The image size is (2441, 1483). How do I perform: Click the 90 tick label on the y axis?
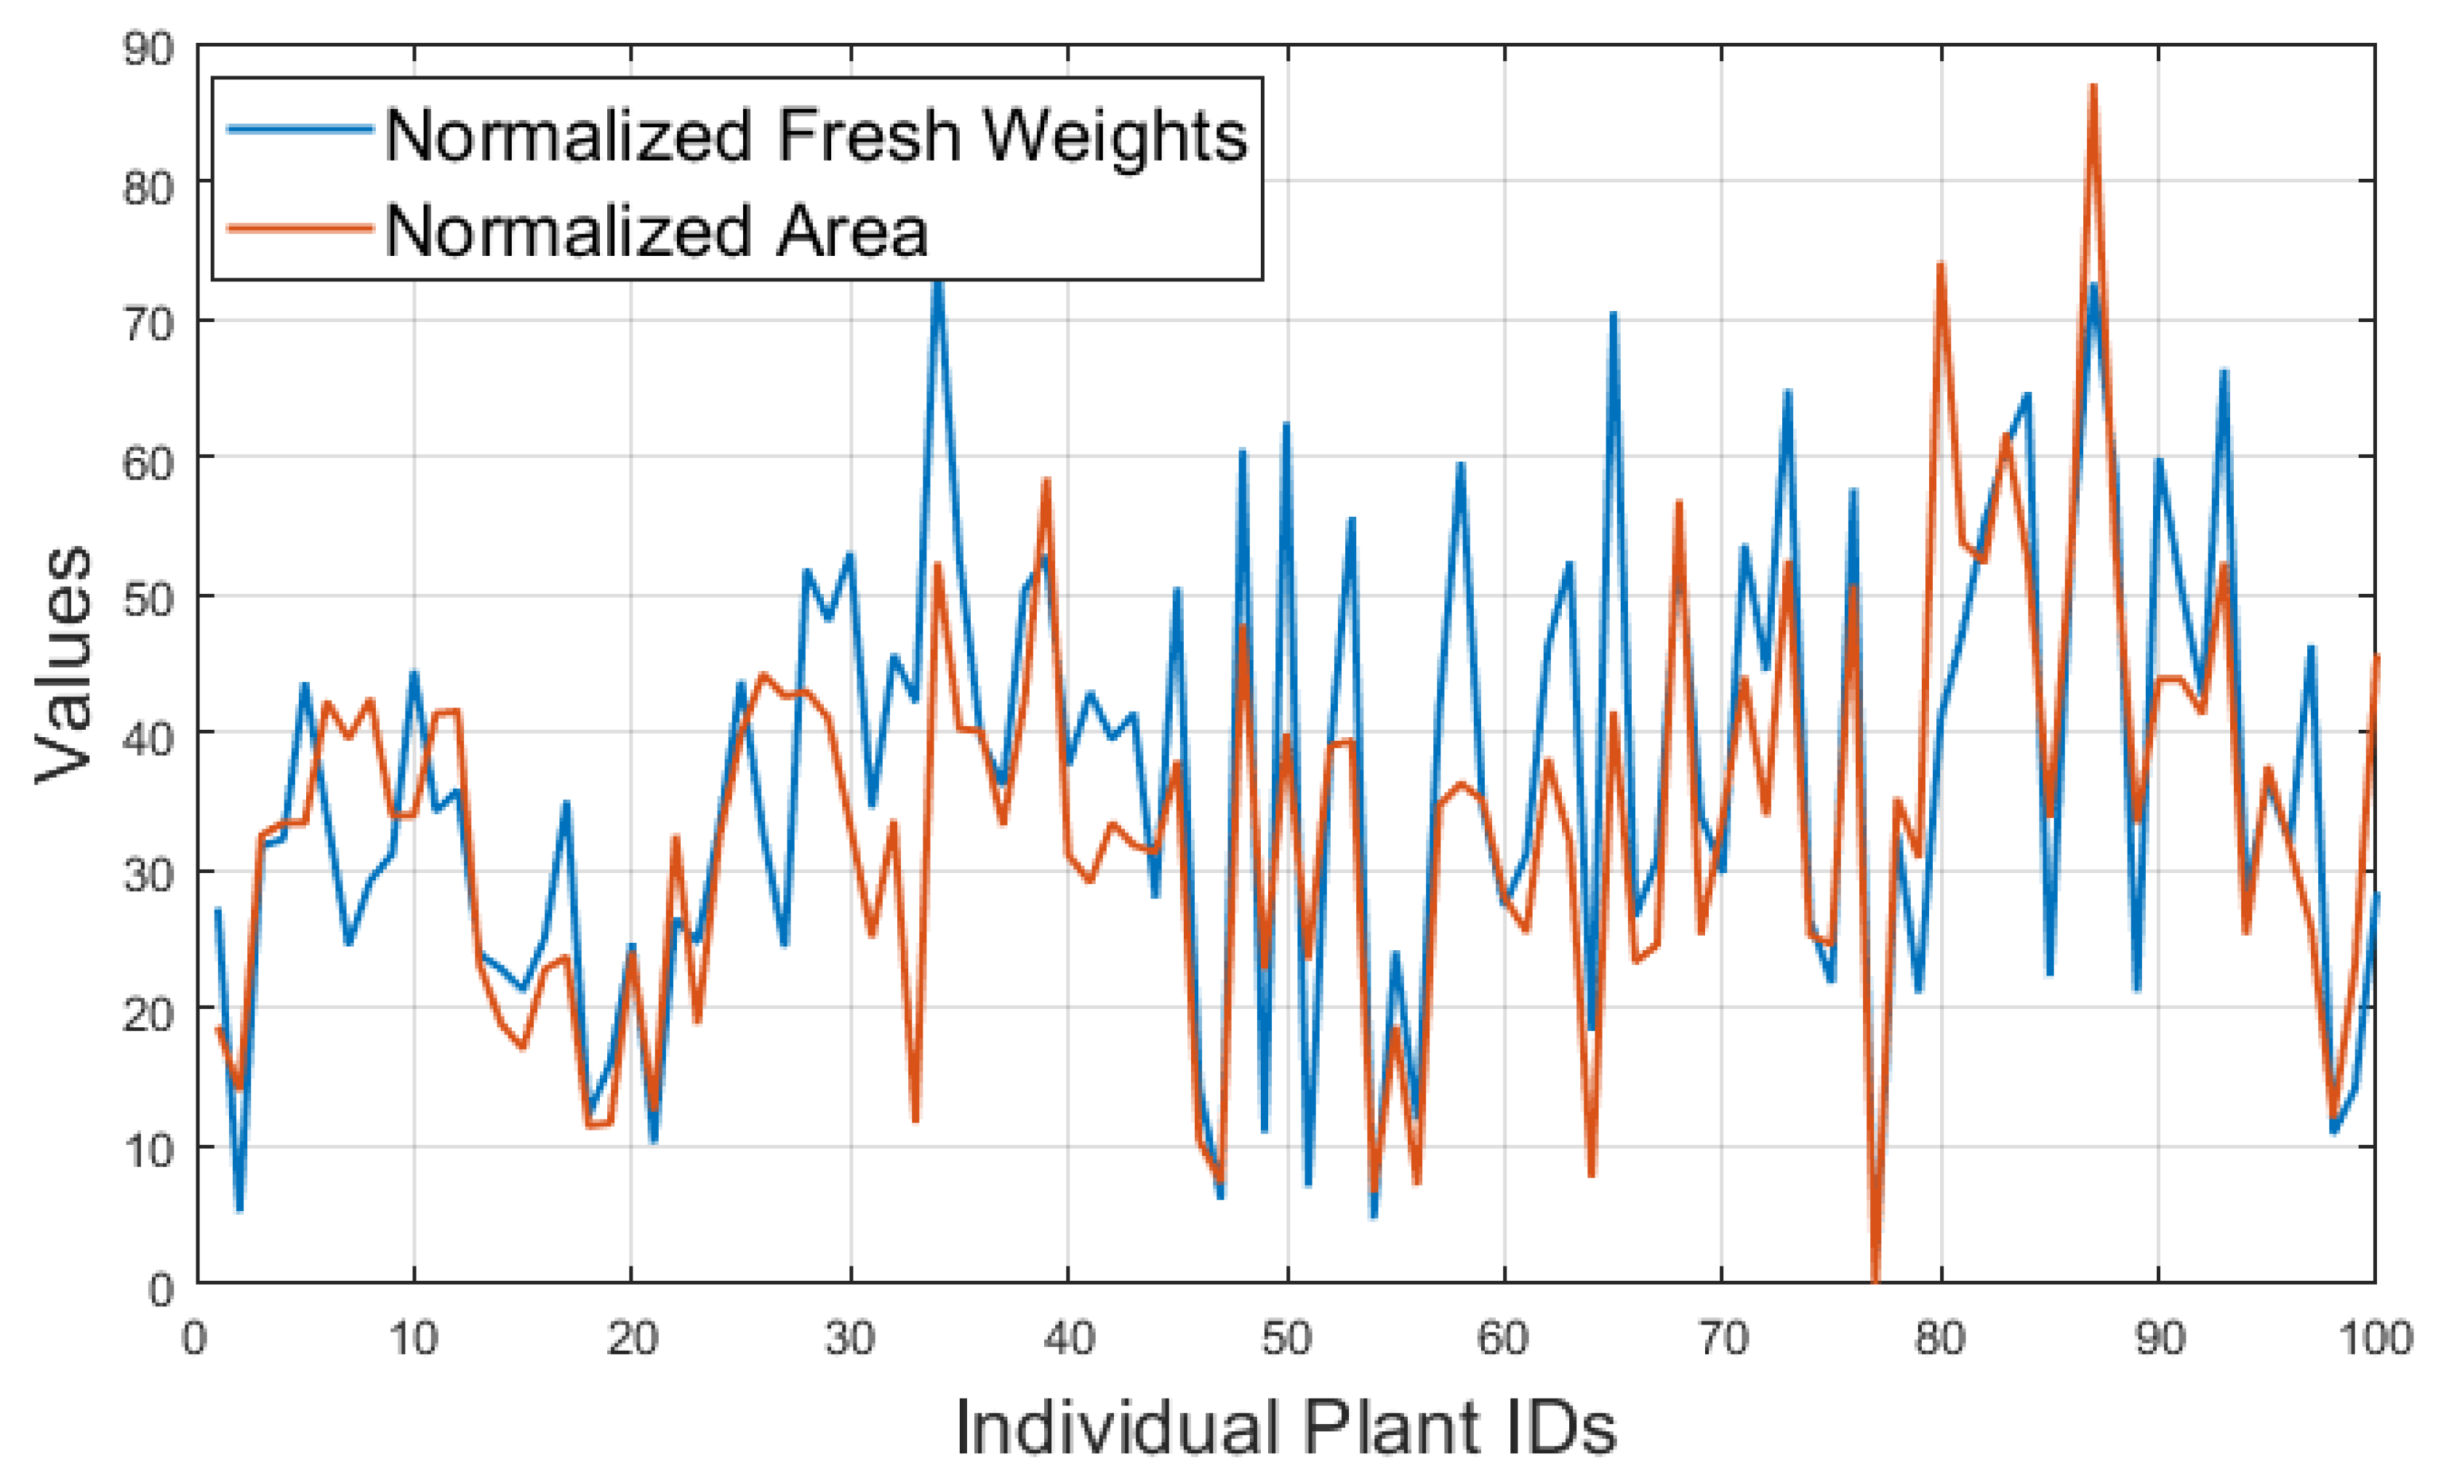coord(148,49)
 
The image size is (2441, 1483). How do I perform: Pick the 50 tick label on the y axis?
coord(148,598)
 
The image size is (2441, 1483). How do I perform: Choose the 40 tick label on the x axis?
coord(1069,1339)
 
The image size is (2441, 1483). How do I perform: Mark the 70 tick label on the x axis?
coord(1723,1339)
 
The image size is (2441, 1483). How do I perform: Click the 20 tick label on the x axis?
coord(632,1339)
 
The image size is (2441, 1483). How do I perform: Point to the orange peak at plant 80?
coord(1941,265)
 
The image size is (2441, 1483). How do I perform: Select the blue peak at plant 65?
coord(1614,314)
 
